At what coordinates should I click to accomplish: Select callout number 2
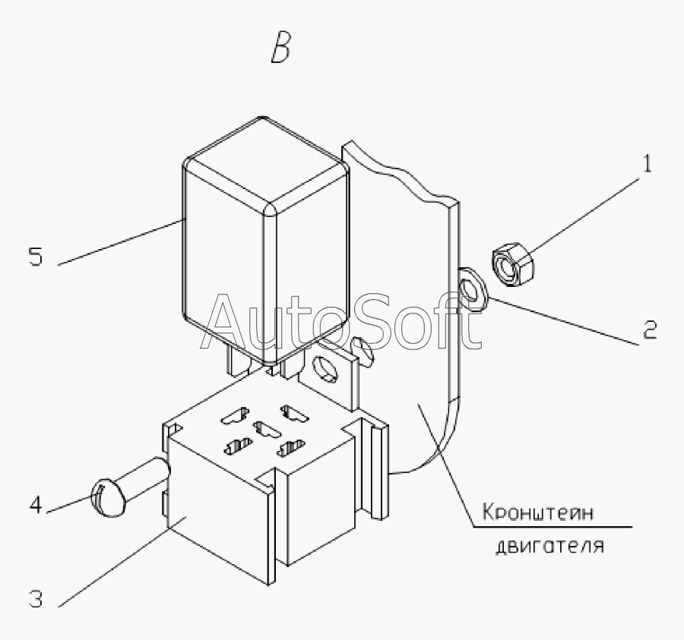tap(648, 331)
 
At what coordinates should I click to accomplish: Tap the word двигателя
tap(549, 544)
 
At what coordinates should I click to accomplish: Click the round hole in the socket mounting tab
tap(322, 367)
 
